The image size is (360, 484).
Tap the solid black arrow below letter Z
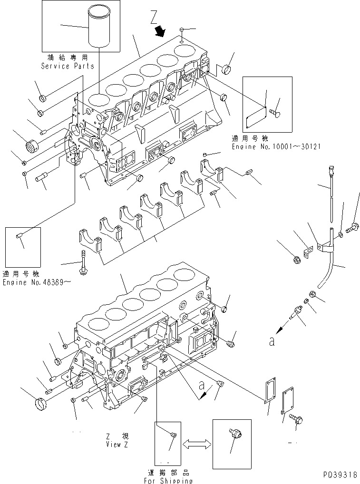161,31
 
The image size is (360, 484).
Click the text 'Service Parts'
68,66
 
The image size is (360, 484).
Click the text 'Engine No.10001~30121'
276,147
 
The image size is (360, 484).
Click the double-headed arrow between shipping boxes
196,443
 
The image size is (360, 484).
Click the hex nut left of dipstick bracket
294,260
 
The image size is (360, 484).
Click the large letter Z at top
153,18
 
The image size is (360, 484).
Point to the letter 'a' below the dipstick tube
271,342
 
